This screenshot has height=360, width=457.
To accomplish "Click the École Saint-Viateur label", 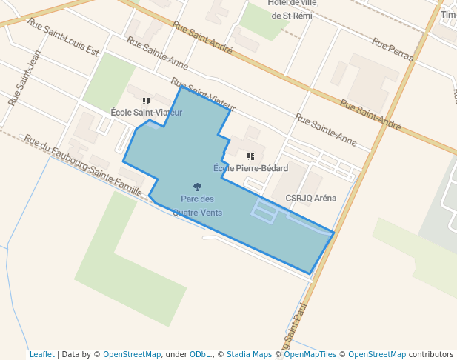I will [x=146, y=112].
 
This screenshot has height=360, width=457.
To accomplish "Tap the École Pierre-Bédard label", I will [x=250, y=168].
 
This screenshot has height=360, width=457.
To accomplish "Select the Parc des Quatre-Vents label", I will [x=197, y=205].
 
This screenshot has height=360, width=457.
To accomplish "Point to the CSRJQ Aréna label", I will [x=311, y=198].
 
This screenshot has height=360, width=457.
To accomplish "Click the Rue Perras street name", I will [x=393, y=50].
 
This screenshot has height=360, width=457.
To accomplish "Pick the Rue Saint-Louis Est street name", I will [x=63, y=37].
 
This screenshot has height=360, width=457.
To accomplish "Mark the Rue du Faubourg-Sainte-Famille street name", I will [x=82, y=165].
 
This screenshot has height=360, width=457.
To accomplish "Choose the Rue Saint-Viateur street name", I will [x=202, y=93].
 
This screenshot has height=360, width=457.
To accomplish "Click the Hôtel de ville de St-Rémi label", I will [x=278, y=9].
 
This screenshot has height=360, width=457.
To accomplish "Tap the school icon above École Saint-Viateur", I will [x=146, y=101].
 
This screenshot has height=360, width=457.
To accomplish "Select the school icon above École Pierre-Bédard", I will [x=250, y=157].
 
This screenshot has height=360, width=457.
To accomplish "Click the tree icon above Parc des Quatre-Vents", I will [x=197, y=187].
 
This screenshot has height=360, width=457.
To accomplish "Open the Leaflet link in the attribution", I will [x=42, y=354].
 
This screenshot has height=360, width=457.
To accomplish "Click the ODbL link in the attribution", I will [x=200, y=354].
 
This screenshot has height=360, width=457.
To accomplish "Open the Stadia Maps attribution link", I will [x=249, y=354].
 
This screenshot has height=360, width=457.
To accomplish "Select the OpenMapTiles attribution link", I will [x=310, y=354].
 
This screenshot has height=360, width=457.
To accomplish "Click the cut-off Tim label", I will [x=448, y=15].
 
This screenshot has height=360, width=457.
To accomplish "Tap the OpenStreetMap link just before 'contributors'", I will [x=377, y=354].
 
